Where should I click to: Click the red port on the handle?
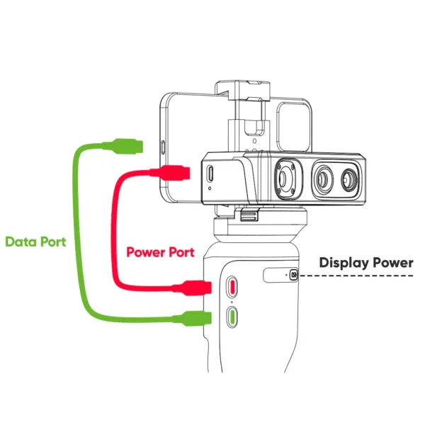pos(232,287)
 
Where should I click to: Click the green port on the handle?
pos(232,316)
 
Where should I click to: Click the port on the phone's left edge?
pos(164,149)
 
